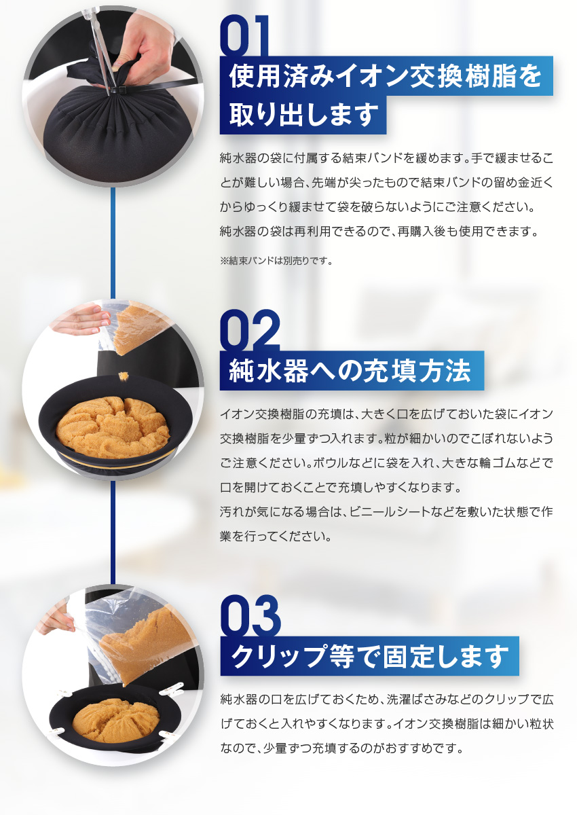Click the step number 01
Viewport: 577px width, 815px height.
244,38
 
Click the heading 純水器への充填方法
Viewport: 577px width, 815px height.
350,372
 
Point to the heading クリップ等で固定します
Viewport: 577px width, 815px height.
369,657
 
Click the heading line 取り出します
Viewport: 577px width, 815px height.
303,114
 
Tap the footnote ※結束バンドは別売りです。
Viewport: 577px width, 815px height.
276,260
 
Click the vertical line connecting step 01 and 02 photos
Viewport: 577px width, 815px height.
113,238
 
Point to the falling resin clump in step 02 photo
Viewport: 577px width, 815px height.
124,374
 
